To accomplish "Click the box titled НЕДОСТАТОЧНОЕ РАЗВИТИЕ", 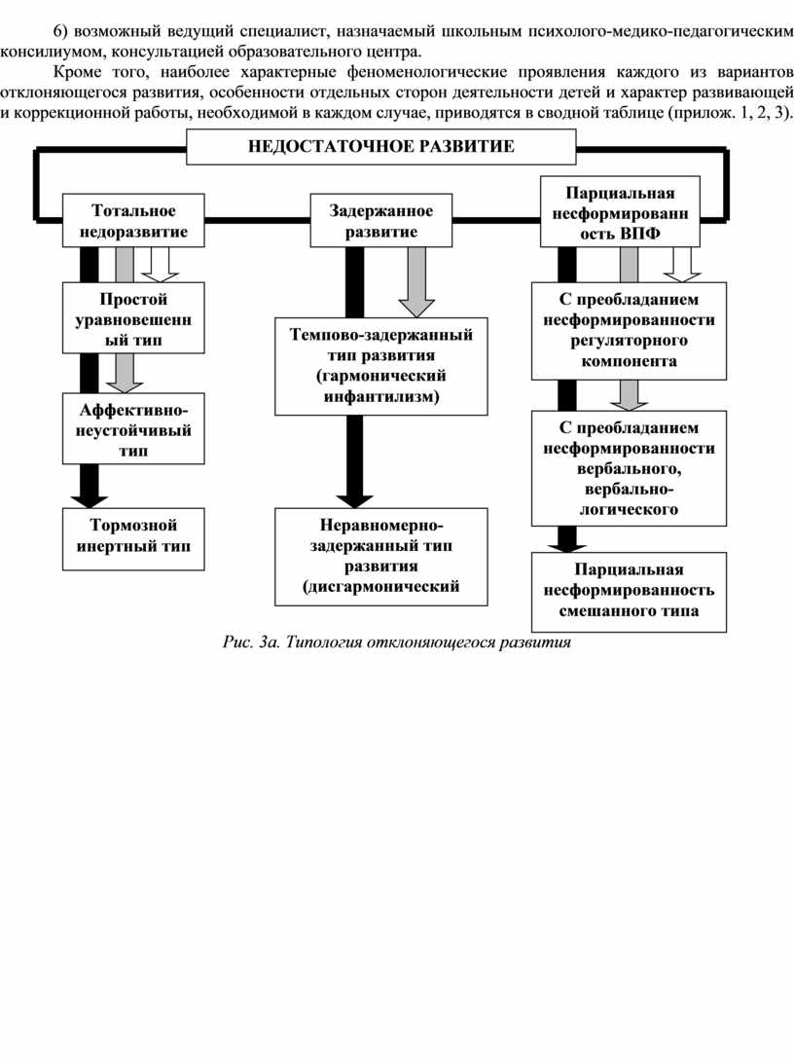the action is point(380,146).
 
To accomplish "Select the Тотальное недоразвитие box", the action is point(133,221).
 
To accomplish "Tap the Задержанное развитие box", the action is point(380,221).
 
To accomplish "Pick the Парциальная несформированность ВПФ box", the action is point(620,212).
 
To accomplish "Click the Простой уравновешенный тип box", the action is point(133,318).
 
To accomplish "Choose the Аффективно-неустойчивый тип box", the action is point(133,429).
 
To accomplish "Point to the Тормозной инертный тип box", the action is point(133,538).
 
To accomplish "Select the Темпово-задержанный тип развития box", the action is point(380,366).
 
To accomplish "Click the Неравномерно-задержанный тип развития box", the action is point(380,556).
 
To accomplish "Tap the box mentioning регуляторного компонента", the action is point(629,331).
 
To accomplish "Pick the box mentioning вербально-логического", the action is point(629,468).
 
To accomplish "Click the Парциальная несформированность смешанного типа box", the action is point(629,592).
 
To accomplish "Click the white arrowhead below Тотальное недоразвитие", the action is point(160,274).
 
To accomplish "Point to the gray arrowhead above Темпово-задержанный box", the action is point(416,308).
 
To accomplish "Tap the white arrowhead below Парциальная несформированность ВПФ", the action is point(682,274).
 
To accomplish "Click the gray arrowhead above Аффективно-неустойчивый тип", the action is point(125,386).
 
